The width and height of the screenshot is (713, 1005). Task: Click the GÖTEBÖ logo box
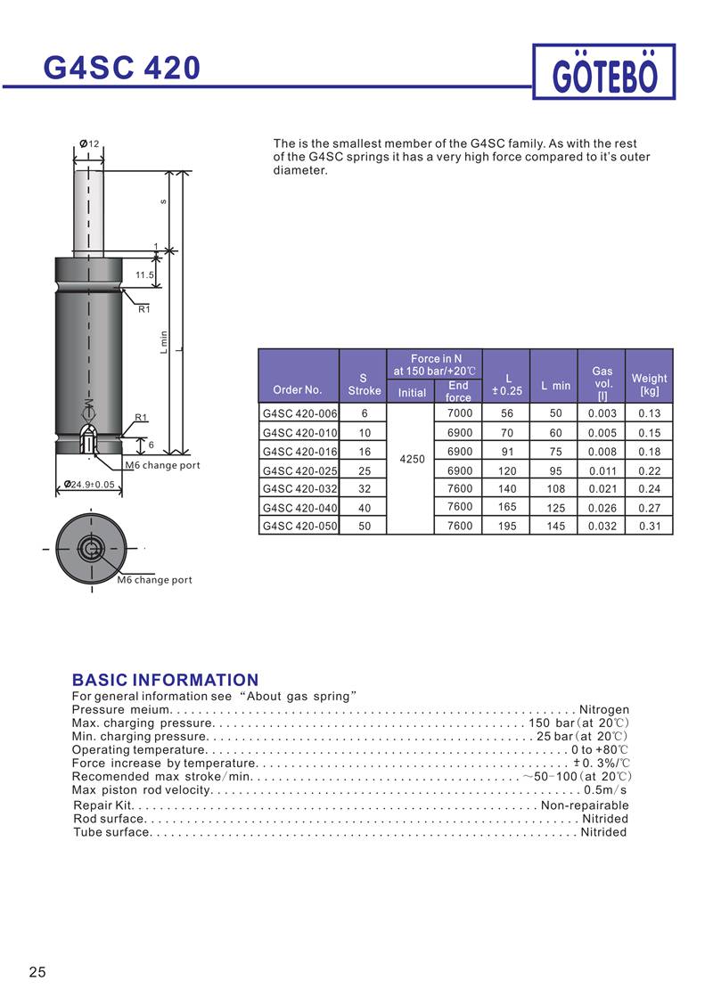pos(604,72)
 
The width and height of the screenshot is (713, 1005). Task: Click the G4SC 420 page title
pos(122,68)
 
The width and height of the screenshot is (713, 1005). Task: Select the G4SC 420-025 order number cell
pos(299,470)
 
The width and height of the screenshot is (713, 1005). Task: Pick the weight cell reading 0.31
pos(650,527)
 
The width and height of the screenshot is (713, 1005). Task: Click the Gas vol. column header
pos(602,377)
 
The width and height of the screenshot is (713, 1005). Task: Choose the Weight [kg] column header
pos(649,384)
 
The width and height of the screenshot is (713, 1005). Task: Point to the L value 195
pos(507,527)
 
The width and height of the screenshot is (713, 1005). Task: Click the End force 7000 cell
pos(459,413)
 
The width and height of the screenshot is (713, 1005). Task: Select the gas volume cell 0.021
pos(602,489)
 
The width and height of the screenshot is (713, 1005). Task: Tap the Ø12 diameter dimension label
pos(88,143)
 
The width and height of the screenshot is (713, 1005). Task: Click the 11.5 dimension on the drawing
pos(144,275)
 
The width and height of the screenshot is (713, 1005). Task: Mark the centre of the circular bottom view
pos(89,547)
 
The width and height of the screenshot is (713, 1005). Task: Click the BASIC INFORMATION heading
pos(165,680)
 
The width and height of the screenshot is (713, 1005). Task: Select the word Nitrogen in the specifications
pos(604,710)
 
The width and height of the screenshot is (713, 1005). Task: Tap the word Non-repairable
pos(585,805)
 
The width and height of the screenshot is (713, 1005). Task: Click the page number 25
pos(37,971)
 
